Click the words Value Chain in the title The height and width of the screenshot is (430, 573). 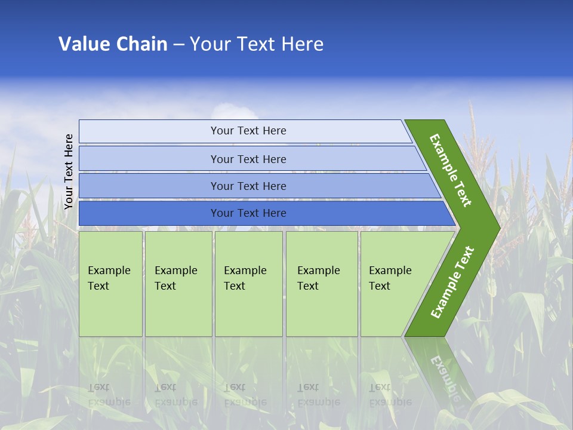point(113,44)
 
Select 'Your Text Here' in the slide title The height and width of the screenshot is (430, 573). point(257,44)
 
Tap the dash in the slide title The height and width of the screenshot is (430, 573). point(178,44)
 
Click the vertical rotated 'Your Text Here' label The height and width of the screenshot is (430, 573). point(69,171)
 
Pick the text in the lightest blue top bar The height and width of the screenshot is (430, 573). point(248,131)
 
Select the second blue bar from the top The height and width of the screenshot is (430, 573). point(248,159)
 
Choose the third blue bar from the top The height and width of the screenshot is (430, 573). point(248,186)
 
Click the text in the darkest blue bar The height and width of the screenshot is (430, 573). point(248,213)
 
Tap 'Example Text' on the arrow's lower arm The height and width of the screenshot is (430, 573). point(452,282)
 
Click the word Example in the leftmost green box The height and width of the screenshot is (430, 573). point(109,271)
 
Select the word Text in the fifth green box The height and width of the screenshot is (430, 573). point(379,286)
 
